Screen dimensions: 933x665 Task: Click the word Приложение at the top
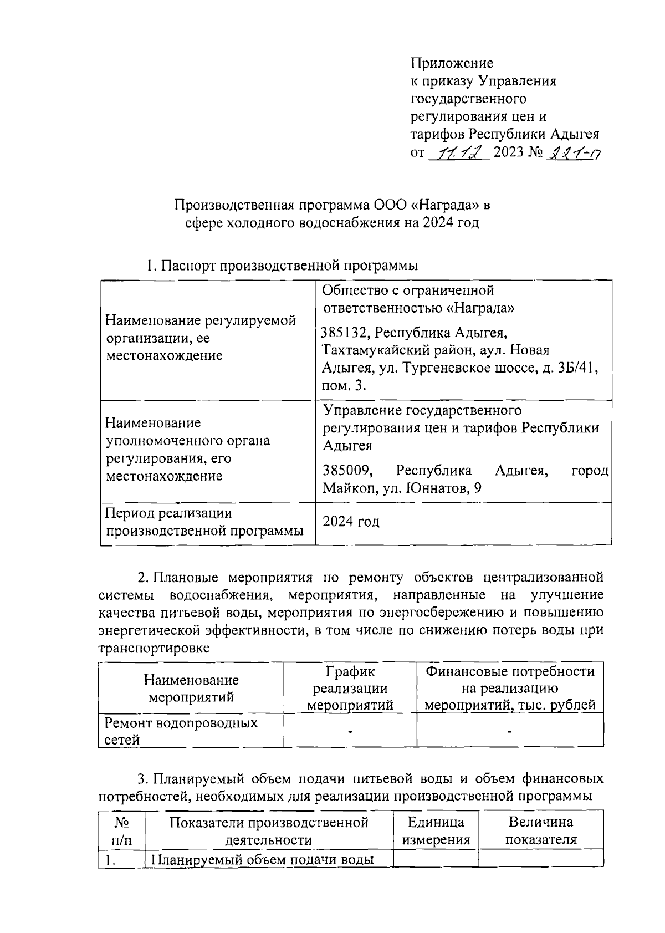pos(452,63)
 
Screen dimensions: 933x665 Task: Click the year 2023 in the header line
pos(508,152)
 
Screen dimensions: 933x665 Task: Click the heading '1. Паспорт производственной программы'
pos(282,266)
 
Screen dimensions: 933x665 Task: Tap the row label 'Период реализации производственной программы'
pos(204,522)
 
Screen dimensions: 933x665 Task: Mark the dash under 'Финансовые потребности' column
pos(509,732)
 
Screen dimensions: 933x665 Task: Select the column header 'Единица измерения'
pos(436,830)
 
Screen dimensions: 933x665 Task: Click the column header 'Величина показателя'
pos(541,830)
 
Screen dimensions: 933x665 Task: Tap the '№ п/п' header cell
pos(121,830)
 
